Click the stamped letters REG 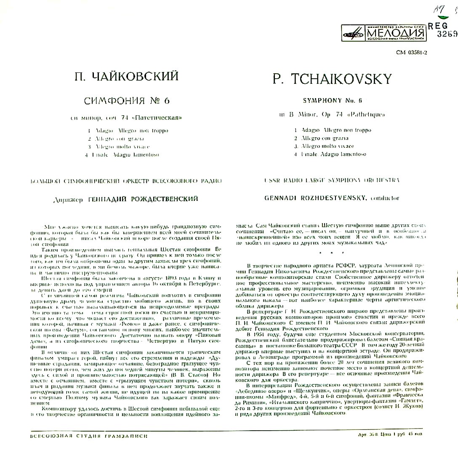tap(438, 26)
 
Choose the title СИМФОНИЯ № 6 tap(126, 101)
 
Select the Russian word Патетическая tap(162, 117)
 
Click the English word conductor tap(384, 198)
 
